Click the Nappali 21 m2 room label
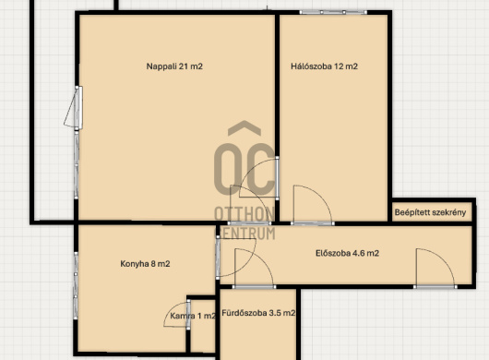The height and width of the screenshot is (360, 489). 174,66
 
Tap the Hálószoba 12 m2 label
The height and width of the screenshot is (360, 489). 324,66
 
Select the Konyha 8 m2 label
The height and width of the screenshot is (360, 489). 145,264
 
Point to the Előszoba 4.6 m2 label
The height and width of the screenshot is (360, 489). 347,253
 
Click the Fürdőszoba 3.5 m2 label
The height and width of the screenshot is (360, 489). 258,313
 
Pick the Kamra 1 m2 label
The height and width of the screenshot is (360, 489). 193,316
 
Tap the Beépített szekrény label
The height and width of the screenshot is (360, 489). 430,212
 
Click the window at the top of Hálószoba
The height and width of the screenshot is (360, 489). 333,12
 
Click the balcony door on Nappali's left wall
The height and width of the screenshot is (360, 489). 74,108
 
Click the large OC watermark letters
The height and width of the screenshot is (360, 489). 244,170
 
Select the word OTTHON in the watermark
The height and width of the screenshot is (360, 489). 244,214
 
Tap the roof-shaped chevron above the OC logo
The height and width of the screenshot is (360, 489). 244,128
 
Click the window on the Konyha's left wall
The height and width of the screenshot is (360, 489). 76,285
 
